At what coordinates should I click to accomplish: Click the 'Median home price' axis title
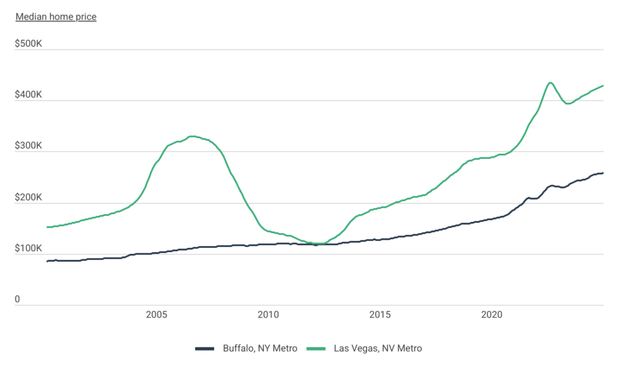coord(56,17)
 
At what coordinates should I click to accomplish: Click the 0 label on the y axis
coord(18,300)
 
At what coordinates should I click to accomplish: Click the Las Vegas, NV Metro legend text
coord(378,349)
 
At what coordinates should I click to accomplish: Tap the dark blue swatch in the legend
coord(205,349)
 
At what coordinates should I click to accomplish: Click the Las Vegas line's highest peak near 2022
coord(550,82)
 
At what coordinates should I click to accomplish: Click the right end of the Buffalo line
coord(603,172)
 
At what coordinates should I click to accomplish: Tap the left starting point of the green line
coord(48,227)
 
